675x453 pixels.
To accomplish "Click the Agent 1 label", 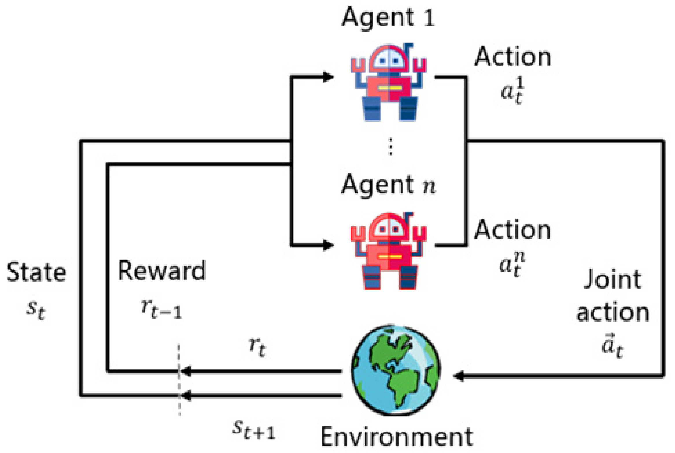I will tap(388, 17).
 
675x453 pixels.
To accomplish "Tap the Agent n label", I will tap(388, 185).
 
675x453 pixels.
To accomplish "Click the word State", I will tap(36, 272).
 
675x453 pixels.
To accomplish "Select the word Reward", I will tap(162, 271).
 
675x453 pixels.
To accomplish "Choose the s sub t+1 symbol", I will tap(254, 429).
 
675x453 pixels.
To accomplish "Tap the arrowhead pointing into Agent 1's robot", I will tap(329, 77).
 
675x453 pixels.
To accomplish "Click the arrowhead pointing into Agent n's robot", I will tap(329, 245).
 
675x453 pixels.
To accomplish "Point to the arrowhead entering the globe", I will tap(459, 376).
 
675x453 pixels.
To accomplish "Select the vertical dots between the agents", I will tap(390, 147).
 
